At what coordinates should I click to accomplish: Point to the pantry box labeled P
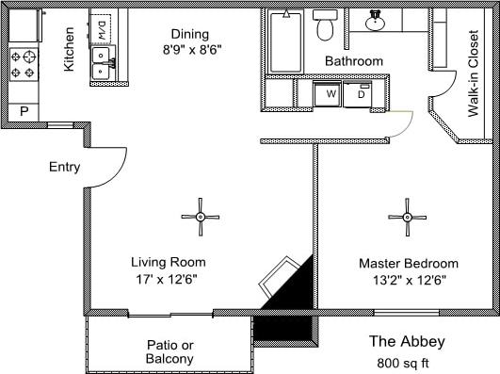24,111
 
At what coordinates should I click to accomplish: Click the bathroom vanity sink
375,20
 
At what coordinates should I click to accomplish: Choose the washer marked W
331,94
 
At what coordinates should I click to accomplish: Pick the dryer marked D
361,94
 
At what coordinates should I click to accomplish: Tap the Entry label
64,168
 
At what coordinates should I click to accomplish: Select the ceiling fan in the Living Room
200,217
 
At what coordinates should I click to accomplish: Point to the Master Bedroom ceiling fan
407,217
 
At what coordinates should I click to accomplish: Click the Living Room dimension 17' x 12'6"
169,279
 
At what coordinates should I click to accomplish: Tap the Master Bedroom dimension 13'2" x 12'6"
408,280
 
